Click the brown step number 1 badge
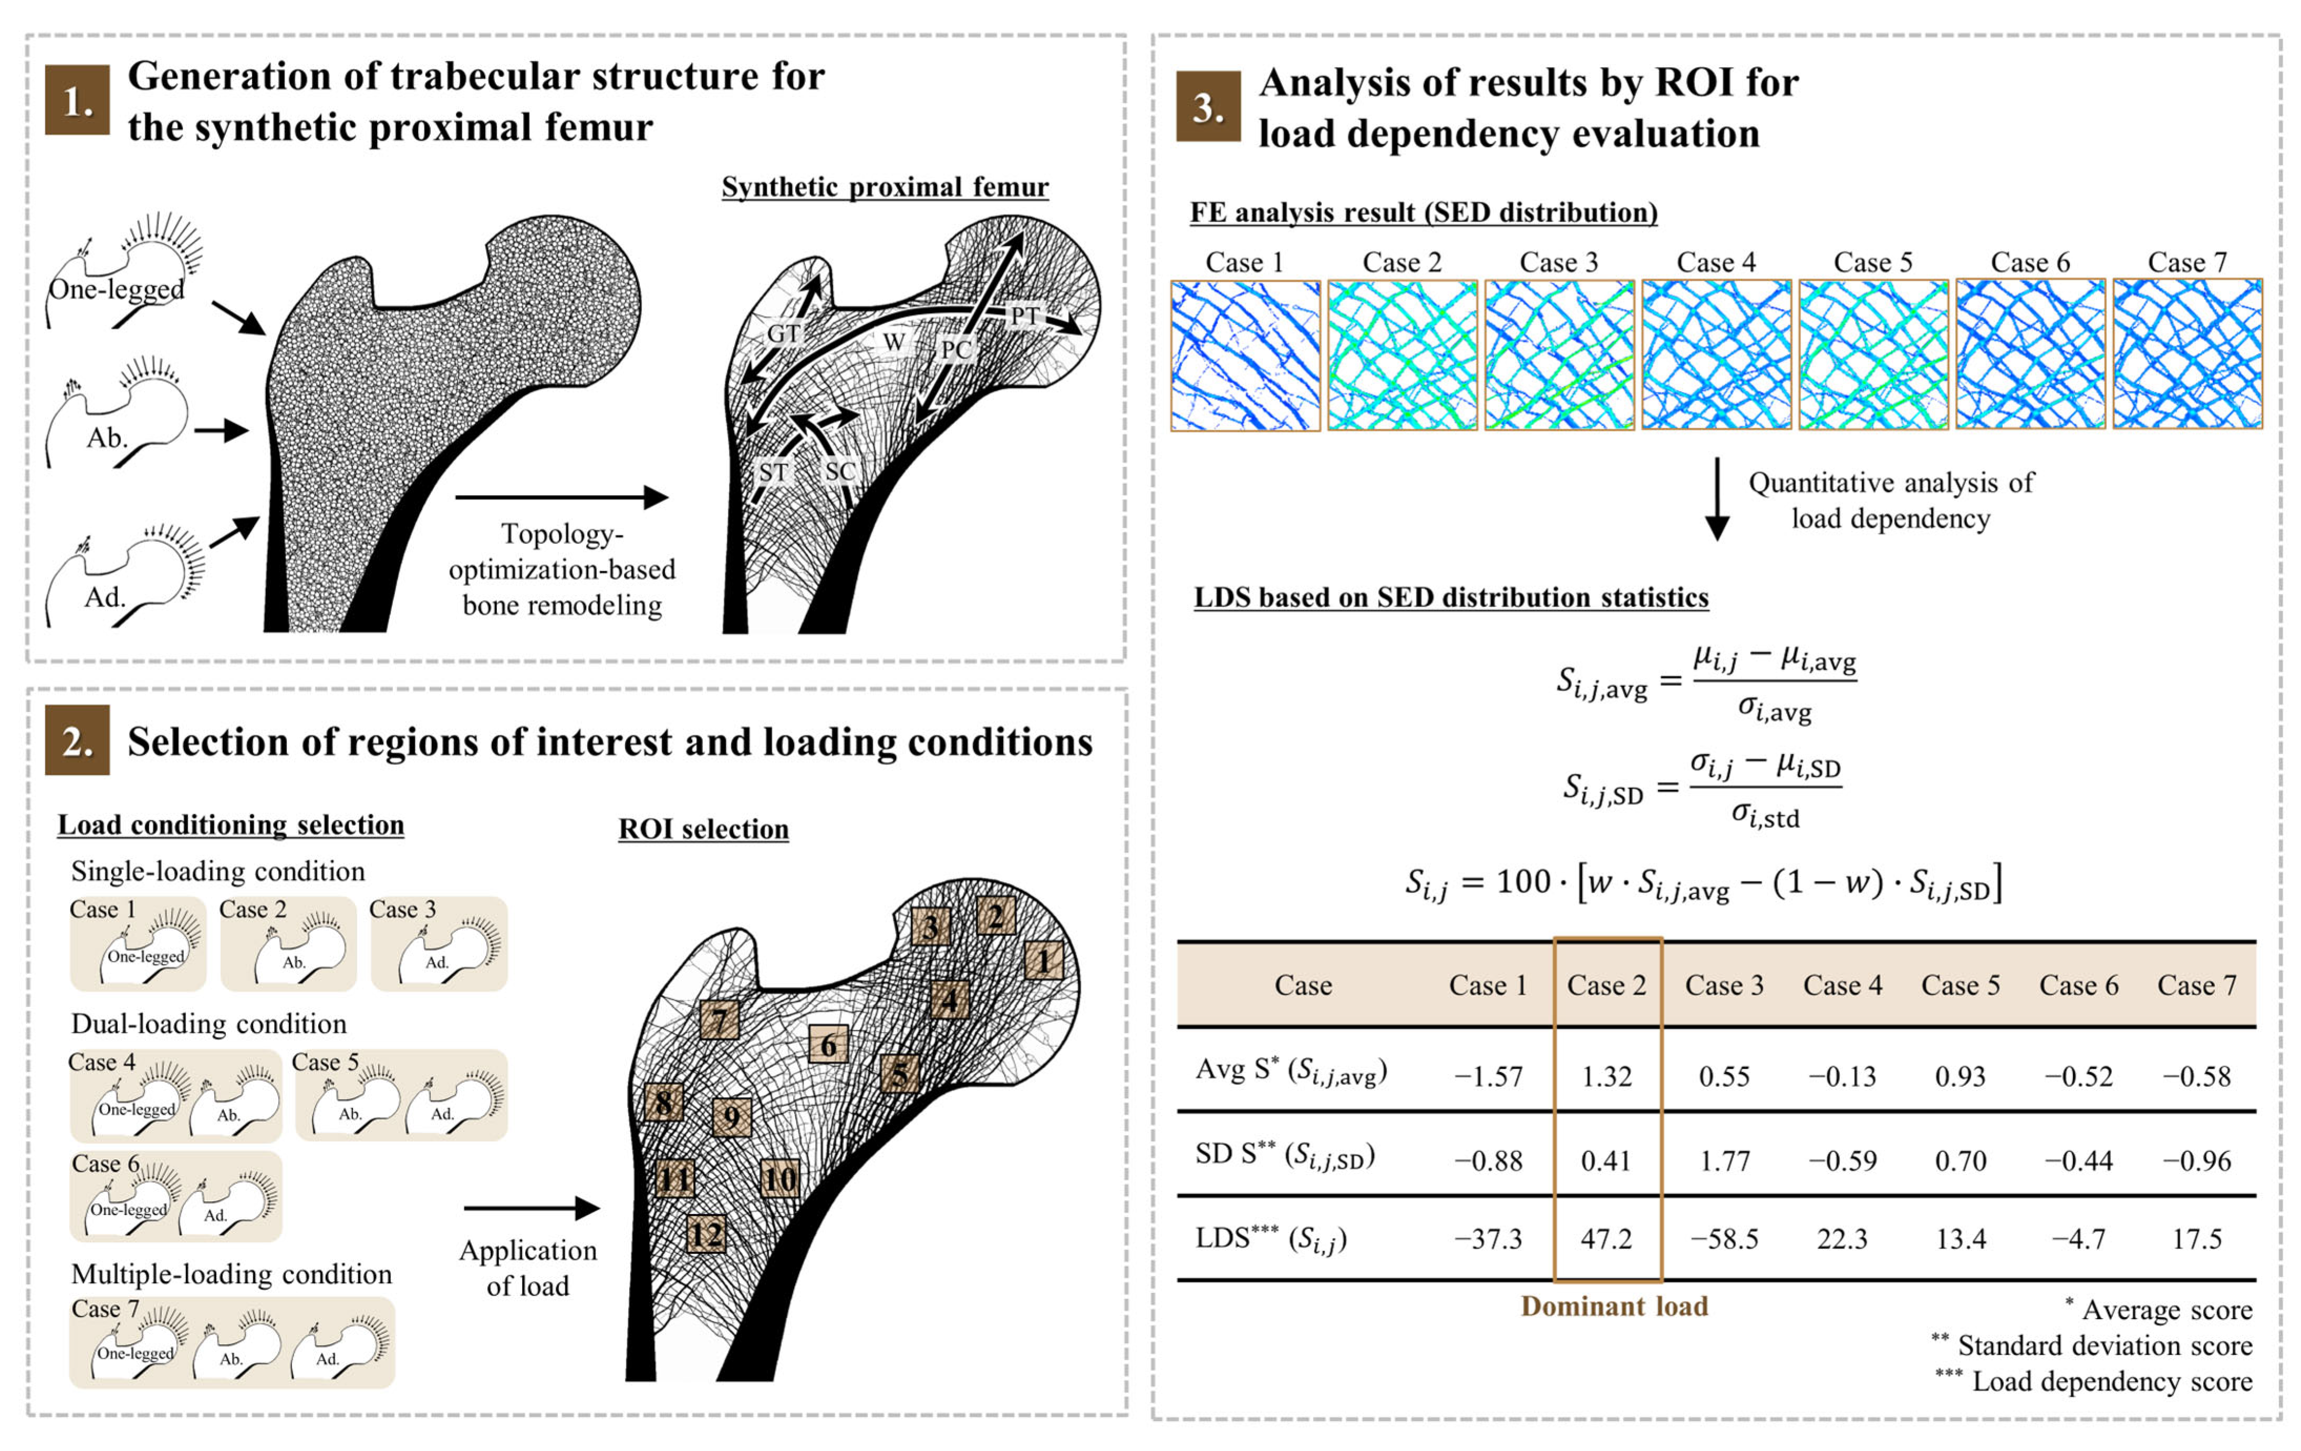point(77,99)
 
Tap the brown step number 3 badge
point(1208,106)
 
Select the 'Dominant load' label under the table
point(1614,1306)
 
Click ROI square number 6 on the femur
point(828,1045)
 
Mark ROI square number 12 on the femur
point(706,1234)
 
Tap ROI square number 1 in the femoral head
point(1044,960)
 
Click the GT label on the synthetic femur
point(784,334)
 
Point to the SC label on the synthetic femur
point(840,471)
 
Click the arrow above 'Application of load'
point(532,1208)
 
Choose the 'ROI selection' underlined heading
point(703,829)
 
